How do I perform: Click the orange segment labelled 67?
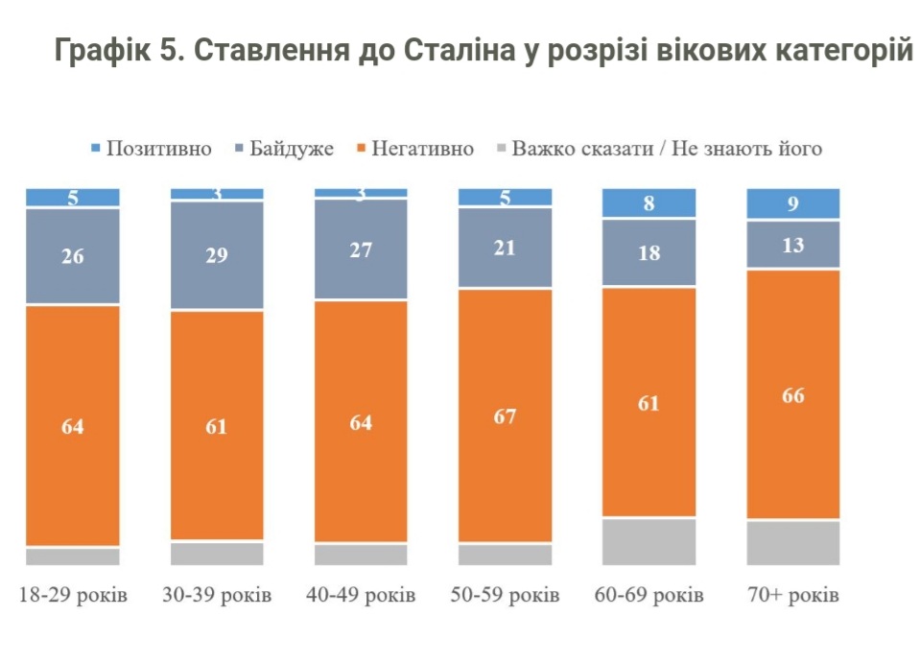point(505,415)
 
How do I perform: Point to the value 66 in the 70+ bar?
point(792,394)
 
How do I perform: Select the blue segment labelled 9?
point(792,203)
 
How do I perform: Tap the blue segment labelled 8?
point(649,202)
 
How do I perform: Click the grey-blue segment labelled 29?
point(217,255)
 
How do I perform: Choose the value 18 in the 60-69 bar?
point(649,252)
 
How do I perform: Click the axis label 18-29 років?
point(73,596)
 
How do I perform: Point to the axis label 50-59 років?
point(505,596)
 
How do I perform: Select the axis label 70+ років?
point(792,596)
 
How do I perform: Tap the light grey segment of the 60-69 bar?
point(649,542)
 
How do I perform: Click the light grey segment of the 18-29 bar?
point(73,556)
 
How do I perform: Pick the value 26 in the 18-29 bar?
point(73,256)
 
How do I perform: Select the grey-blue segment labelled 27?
point(361,249)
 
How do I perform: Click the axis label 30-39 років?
point(217,596)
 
